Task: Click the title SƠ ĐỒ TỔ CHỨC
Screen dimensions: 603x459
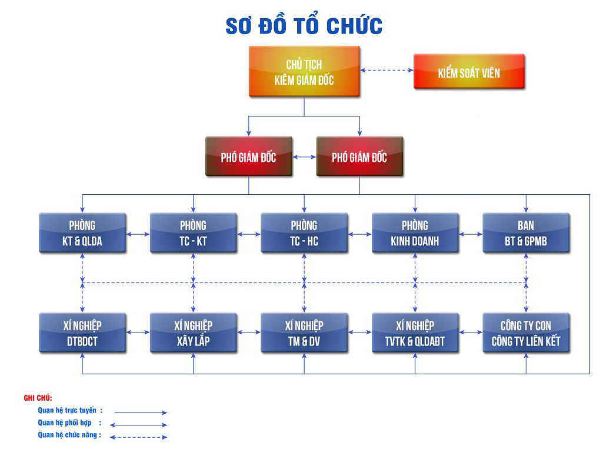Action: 304,25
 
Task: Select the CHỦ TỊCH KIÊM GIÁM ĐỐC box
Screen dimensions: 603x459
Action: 304,72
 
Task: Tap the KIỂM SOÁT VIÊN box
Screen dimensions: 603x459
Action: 469,72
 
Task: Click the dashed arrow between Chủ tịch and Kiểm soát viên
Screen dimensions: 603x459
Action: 387,71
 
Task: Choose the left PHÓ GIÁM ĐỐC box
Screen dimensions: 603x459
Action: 249,157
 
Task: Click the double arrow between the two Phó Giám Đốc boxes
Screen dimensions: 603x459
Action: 304,157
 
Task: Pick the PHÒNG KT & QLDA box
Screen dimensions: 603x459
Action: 82,233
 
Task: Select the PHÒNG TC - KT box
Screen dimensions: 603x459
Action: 193,233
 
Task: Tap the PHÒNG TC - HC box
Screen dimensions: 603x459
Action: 304,233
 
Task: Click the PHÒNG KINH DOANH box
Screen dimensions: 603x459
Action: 415,233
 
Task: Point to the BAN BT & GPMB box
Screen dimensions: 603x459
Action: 526,233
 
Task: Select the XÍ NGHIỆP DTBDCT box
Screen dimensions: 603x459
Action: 82,333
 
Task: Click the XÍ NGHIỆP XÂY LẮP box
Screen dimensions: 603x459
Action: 193,333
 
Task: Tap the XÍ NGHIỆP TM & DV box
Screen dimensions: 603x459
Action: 304,333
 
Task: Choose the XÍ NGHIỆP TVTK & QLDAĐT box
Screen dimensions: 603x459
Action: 415,333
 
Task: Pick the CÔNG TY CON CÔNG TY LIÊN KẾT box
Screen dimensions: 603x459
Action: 526,333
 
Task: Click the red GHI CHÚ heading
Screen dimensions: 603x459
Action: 38,398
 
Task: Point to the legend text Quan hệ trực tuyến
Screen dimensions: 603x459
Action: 67,411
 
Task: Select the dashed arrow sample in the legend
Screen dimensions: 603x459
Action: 138,437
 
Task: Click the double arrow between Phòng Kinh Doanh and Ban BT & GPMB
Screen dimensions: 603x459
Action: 471,234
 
